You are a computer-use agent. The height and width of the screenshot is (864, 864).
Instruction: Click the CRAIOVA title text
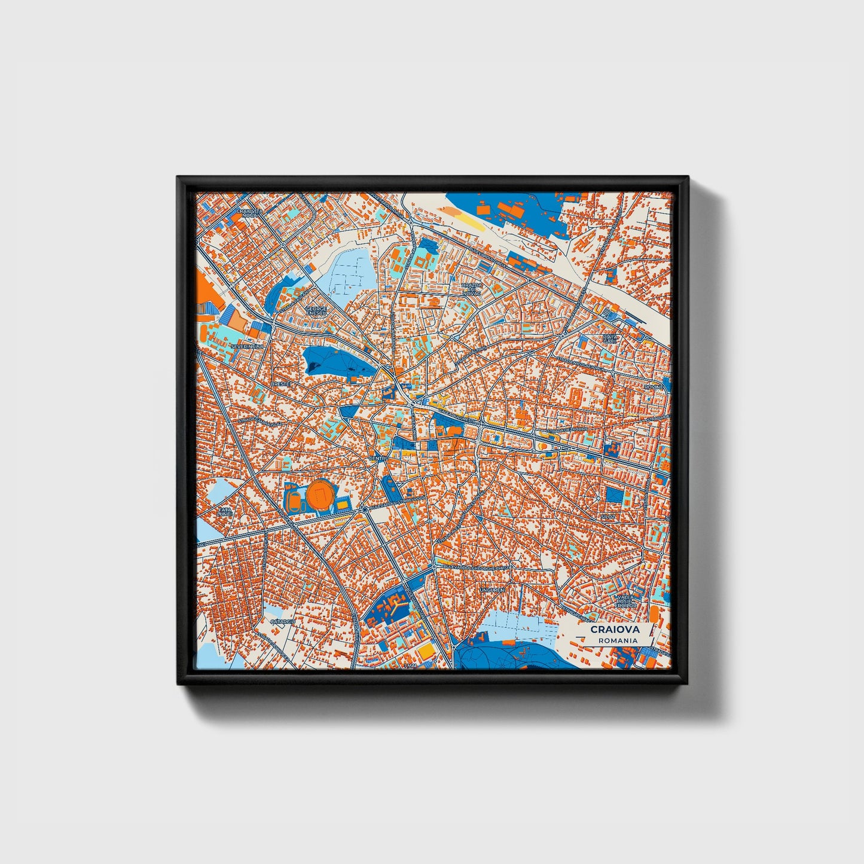point(615,629)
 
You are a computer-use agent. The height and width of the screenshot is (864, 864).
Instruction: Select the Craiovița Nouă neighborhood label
point(249,213)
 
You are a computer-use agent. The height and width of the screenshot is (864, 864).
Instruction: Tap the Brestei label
point(280,383)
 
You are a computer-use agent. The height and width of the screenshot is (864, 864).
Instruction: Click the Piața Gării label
point(609,340)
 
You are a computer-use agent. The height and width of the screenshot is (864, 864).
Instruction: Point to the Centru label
point(379,459)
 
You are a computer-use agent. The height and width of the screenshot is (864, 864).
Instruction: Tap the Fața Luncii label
point(225,511)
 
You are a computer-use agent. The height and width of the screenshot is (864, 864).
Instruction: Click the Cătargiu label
point(283,622)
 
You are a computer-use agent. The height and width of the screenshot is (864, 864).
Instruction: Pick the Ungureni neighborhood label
point(491,590)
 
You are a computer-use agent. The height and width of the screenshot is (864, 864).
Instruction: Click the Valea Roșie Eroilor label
point(627,601)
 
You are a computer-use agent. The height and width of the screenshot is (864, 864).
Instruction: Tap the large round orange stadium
point(321,494)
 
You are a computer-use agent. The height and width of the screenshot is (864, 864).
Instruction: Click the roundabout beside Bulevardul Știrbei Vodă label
point(364,509)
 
